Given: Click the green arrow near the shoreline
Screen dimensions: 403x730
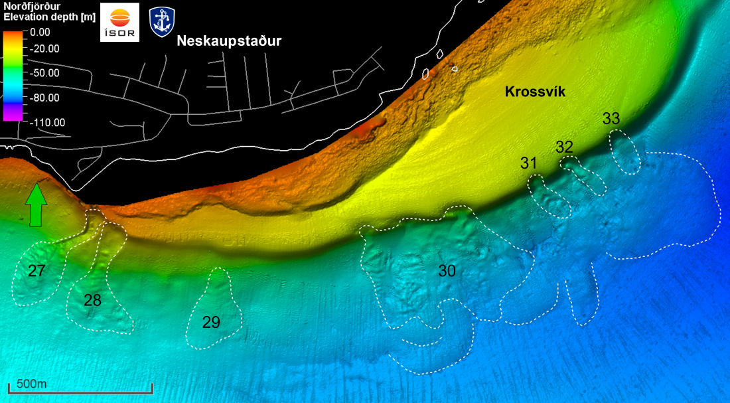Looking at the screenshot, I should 36,206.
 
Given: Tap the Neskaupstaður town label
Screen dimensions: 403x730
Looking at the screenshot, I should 229,41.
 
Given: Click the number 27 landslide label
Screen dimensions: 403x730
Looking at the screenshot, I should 36,270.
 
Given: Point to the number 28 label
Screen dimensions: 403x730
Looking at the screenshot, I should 92,300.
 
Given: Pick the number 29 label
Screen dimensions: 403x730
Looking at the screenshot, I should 211,323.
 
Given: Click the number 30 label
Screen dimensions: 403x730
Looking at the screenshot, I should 447,270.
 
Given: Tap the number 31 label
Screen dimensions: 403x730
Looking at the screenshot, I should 529,163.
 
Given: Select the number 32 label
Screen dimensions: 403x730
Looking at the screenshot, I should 564,147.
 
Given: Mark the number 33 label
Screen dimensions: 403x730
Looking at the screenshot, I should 611,119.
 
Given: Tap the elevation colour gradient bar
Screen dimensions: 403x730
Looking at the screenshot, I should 12,74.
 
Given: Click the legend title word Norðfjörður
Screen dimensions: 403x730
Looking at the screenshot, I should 31,6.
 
